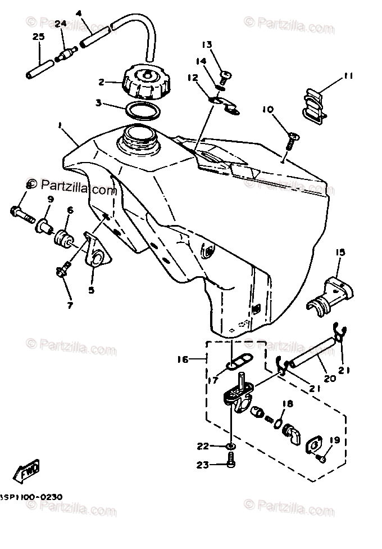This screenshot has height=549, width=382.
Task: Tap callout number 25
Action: point(38,37)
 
